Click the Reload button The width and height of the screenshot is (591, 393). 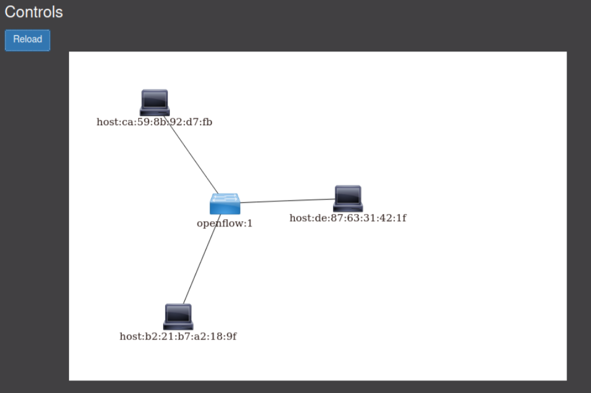pyautogui.click(x=28, y=40)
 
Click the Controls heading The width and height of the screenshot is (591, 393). pyautogui.click(x=33, y=12)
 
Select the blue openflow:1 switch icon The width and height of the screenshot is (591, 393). pyautogui.click(x=225, y=204)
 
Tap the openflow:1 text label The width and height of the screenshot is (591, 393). pyautogui.click(x=225, y=223)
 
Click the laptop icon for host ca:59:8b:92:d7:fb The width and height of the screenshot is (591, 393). pyautogui.click(x=154, y=103)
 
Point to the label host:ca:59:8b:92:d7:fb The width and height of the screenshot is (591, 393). pyautogui.click(x=154, y=122)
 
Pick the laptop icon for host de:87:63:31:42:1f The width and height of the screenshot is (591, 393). pyautogui.click(x=348, y=199)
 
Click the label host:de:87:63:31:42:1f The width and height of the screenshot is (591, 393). pyautogui.click(x=348, y=218)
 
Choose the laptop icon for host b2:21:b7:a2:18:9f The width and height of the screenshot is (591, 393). pyautogui.click(x=178, y=317)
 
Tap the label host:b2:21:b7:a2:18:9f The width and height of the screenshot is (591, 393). pyautogui.click(x=178, y=336)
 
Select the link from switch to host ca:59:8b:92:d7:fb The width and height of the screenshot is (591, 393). pyautogui.click(x=193, y=158)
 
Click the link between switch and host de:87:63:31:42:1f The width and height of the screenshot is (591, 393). pyautogui.click(x=287, y=201)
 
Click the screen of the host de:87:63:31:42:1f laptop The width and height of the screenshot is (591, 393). pyautogui.click(x=348, y=195)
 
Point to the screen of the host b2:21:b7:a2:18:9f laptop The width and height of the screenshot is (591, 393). pyautogui.click(x=178, y=313)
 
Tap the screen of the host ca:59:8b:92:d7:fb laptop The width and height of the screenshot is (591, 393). pyautogui.click(x=154, y=99)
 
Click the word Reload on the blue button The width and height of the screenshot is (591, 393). pyautogui.click(x=28, y=39)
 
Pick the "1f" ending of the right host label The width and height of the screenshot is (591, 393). pyautogui.click(x=401, y=218)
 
